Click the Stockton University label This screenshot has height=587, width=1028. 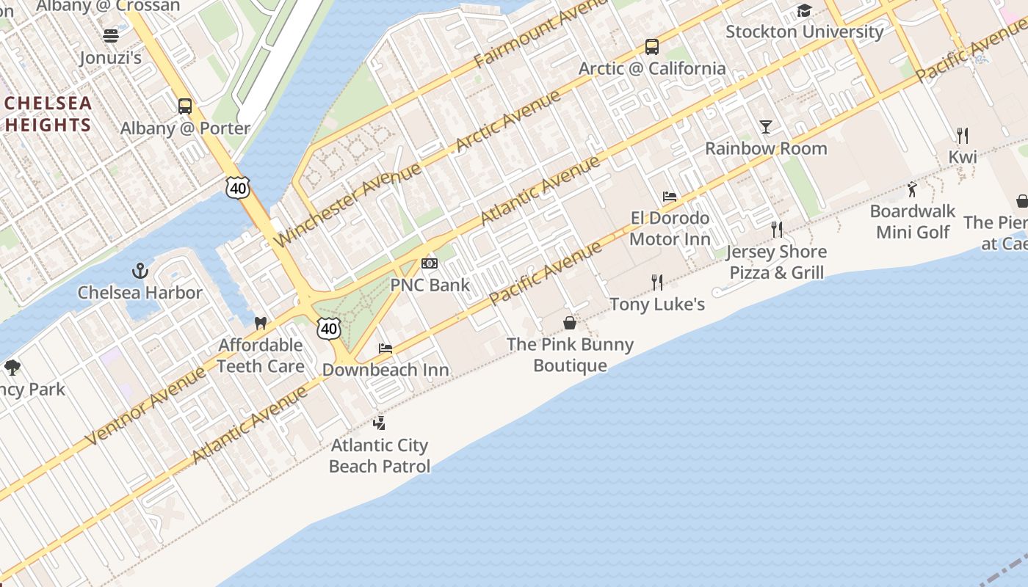pyautogui.click(x=804, y=32)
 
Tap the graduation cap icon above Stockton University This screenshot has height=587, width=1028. pyautogui.click(x=804, y=10)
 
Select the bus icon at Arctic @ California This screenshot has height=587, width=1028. pyautogui.click(x=651, y=47)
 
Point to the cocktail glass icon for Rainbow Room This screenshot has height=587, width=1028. pyautogui.click(x=766, y=127)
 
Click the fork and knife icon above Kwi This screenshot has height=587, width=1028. pyautogui.click(x=962, y=135)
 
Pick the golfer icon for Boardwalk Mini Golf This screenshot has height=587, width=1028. pyautogui.click(x=912, y=189)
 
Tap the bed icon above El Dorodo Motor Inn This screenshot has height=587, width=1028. pyautogui.click(x=670, y=197)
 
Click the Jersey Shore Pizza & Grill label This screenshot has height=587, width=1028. pyautogui.click(x=776, y=262)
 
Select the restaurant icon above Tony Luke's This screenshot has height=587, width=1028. pyautogui.click(x=657, y=282)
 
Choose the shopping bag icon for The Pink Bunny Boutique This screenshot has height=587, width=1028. pyautogui.click(x=569, y=323)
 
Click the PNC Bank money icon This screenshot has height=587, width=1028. pyautogui.click(x=430, y=263)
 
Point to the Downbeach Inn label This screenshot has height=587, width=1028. pyautogui.click(x=385, y=370)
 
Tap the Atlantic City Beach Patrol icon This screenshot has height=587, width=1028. pyautogui.click(x=379, y=423)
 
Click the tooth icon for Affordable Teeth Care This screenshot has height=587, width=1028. pyautogui.click(x=260, y=324)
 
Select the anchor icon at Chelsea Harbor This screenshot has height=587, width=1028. pyautogui.click(x=140, y=271)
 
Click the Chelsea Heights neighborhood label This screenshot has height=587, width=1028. pyautogui.click(x=48, y=114)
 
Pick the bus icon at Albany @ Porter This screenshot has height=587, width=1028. pyautogui.click(x=185, y=106)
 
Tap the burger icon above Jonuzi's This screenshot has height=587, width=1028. pyautogui.click(x=111, y=36)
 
